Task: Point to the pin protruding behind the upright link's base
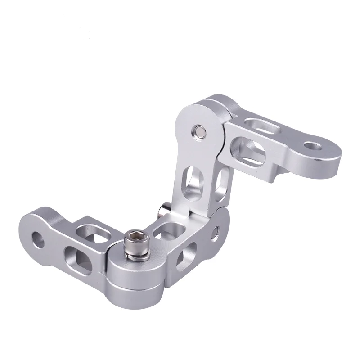pyautogui.click(x=163, y=210)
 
